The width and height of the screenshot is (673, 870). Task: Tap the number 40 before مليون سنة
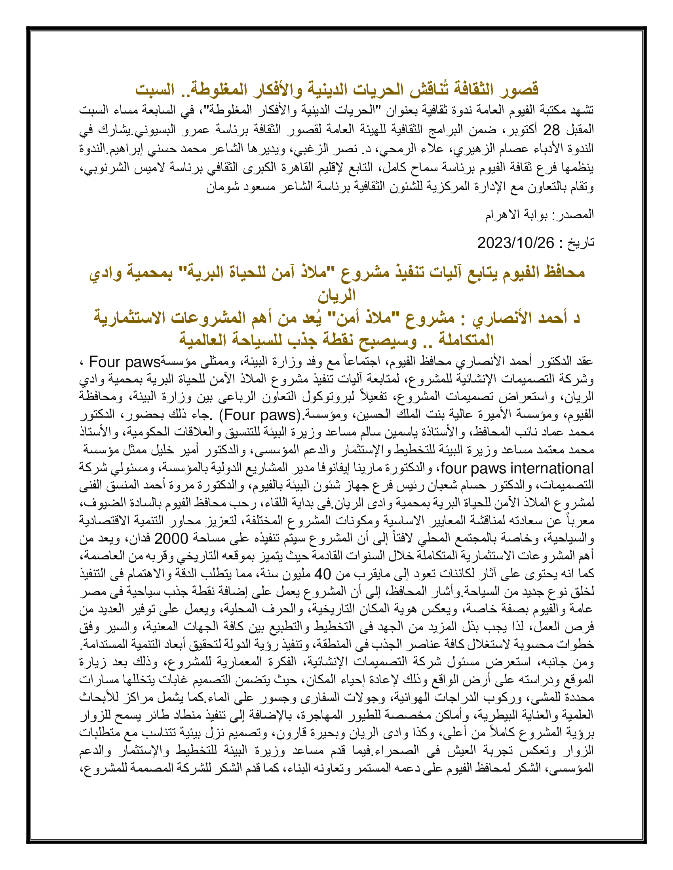[323, 574]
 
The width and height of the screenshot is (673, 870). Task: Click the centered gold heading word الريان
[336, 295]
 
